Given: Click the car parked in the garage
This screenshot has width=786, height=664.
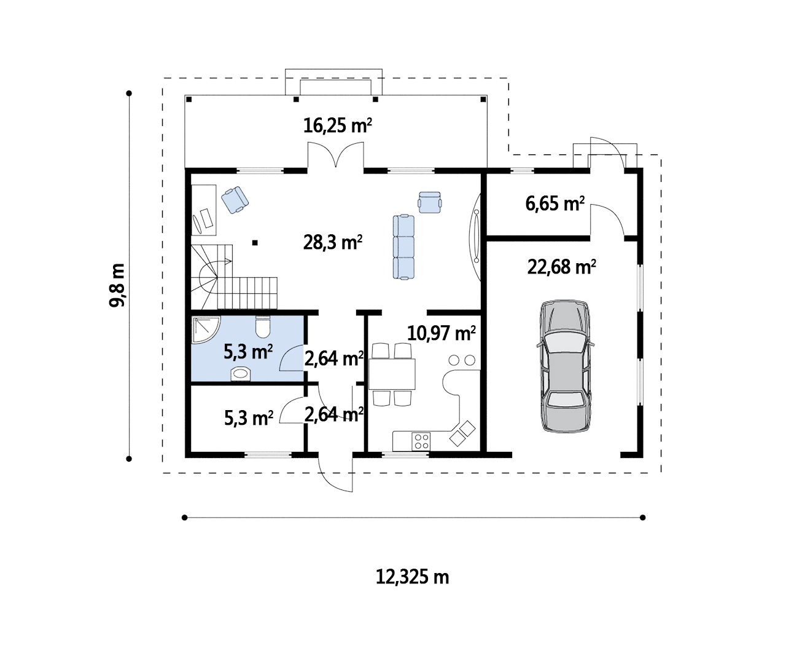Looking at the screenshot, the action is coord(566,366).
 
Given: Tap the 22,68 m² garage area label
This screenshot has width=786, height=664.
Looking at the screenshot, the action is coord(561,267).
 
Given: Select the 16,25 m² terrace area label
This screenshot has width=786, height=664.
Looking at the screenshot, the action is coord(338,125).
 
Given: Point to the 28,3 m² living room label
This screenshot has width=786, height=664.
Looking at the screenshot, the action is coord(333,242).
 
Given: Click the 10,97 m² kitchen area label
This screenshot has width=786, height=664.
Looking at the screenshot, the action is coord(441,333).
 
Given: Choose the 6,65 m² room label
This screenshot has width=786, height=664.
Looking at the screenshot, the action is coord(555,204).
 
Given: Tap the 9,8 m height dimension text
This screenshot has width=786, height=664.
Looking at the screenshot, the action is coord(117,285).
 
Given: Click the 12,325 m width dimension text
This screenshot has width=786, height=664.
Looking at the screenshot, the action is coord(413,577).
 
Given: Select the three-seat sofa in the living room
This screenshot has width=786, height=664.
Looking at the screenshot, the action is coord(403,247).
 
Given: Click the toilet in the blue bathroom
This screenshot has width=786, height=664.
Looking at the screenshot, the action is coord(263,326).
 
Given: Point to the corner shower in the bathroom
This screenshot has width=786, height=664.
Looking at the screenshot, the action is coord(206,330).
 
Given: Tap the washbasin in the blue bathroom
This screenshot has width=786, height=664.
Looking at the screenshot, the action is coord(241,374).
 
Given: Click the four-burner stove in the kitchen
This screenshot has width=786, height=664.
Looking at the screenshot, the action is coord(421,441).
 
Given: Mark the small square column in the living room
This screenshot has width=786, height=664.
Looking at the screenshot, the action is coord(255,243).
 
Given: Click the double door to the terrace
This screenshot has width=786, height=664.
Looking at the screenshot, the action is coord(336,154).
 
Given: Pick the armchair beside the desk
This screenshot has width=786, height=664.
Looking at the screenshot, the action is coord(235,200).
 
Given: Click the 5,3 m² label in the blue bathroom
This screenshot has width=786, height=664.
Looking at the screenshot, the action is coord(248,352).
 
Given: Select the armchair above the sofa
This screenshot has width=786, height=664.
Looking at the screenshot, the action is coord(429,202).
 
